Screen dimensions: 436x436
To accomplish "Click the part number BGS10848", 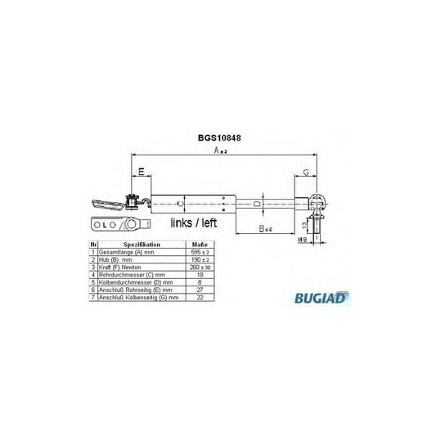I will tap(217, 139).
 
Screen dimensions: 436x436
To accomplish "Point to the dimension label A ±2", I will tap(218, 152).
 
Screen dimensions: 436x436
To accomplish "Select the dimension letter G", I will tap(304, 173).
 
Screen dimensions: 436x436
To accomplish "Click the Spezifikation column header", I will tap(142, 245).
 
